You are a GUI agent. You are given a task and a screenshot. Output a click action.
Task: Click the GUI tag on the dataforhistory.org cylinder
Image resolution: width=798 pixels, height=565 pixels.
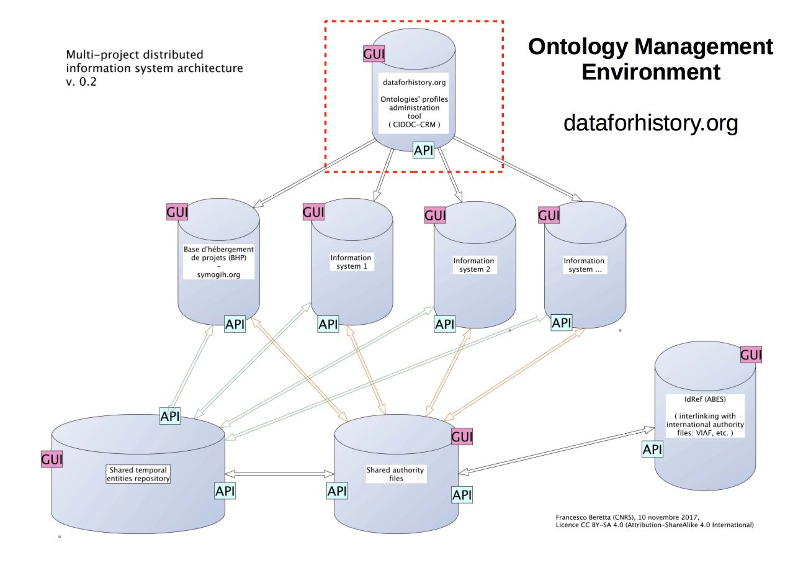374,54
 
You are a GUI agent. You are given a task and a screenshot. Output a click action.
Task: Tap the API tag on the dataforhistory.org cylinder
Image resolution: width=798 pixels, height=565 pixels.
423,150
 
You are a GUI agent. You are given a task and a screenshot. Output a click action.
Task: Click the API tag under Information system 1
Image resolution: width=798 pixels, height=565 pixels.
328,323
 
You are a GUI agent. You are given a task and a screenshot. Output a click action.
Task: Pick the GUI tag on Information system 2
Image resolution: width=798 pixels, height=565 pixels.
435,215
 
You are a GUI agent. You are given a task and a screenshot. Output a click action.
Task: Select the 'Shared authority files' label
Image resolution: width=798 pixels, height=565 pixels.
395,474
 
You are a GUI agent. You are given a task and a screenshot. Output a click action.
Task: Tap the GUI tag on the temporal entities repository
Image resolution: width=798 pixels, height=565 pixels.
52,459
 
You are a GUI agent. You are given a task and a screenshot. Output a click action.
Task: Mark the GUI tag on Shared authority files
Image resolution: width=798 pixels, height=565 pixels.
462,437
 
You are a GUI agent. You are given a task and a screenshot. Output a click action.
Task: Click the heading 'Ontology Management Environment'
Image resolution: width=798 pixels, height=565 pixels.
651,60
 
